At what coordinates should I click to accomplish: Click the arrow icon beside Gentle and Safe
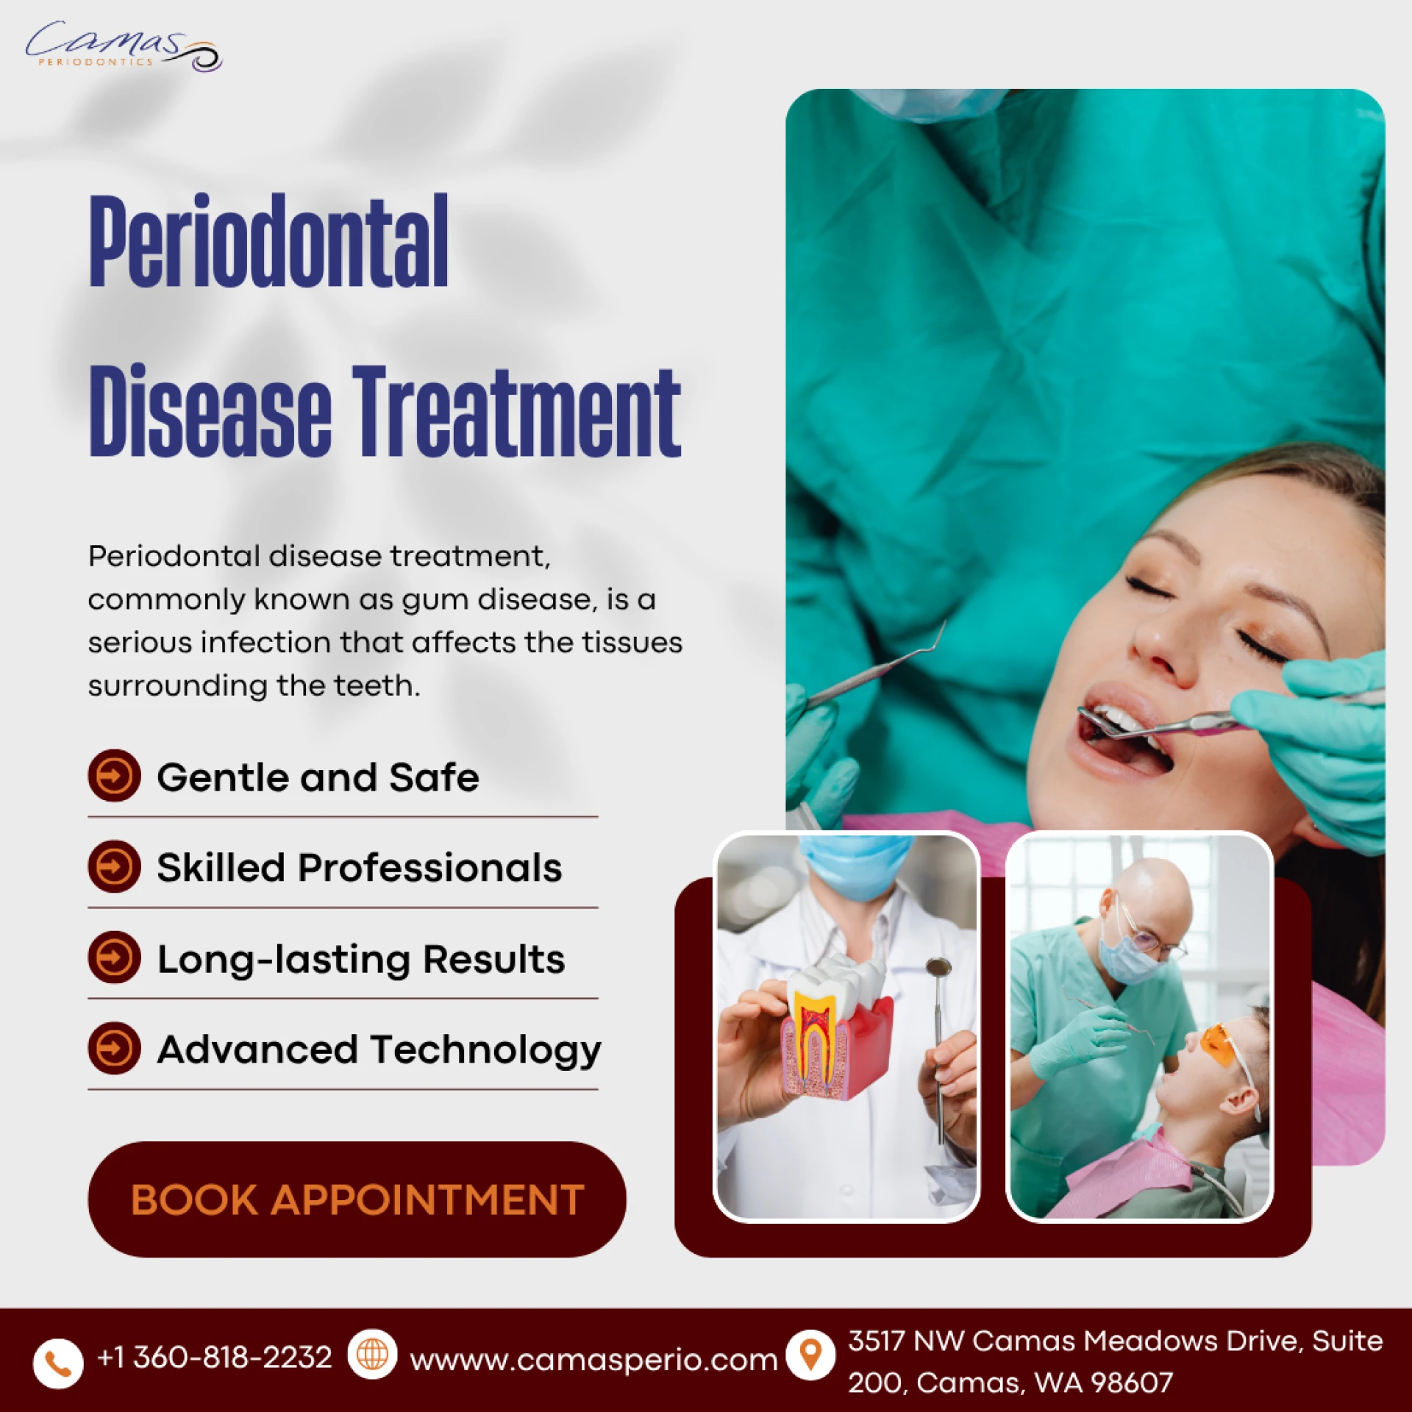[x=114, y=776]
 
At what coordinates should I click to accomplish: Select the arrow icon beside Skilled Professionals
[x=114, y=866]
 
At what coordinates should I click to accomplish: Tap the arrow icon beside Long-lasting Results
[x=114, y=958]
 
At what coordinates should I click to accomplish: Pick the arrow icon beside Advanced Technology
[x=114, y=1049]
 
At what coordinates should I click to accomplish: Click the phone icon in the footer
[x=58, y=1363]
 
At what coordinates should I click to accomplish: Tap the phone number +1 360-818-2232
[x=215, y=1358]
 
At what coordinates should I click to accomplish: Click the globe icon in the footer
[x=372, y=1355]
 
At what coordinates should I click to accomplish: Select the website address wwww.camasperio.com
[x=593, y=1361]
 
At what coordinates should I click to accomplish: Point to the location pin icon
[x=810, y=1355]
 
